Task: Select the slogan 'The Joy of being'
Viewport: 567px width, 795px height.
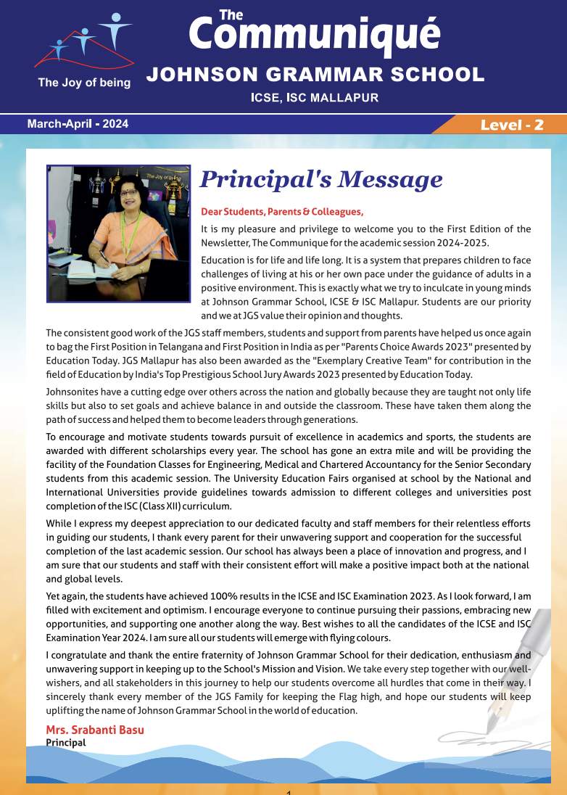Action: (84, 83)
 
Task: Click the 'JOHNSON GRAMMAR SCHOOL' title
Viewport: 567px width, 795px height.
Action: (315, 74)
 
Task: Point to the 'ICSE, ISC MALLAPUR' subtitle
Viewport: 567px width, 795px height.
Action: (315, 97)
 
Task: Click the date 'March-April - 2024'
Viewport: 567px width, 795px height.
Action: (78, 124)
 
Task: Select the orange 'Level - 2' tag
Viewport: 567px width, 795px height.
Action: (512, 125)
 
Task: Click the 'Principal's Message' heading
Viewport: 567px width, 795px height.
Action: (320, 178)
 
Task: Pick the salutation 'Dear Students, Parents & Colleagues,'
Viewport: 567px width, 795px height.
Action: (282, 212)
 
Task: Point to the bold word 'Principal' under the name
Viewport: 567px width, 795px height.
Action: (66, 742)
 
